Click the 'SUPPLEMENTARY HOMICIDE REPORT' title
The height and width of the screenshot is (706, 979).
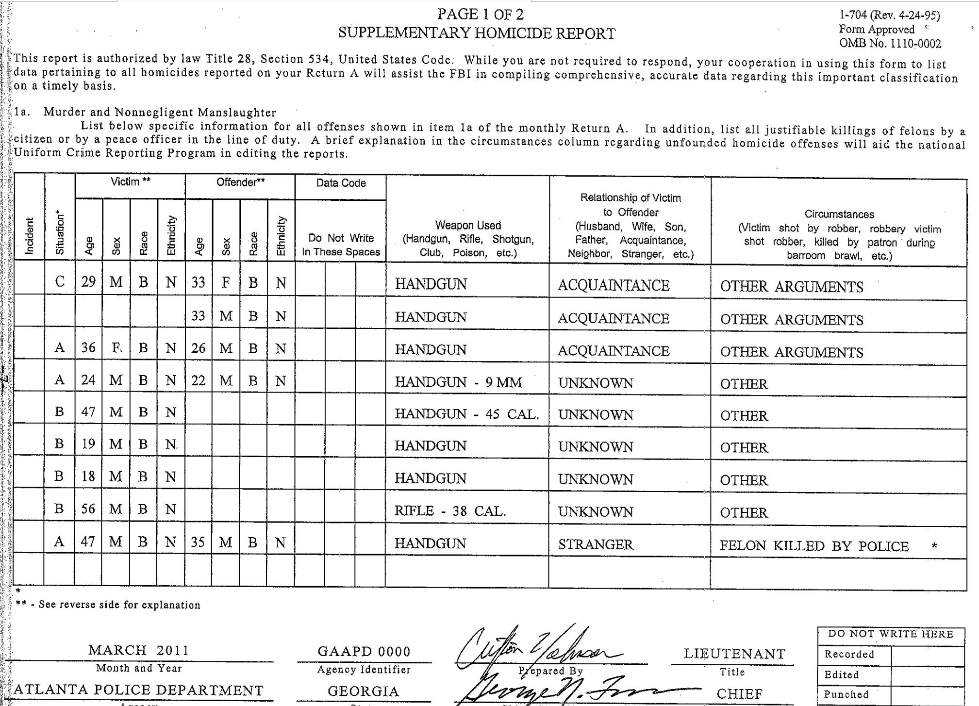pos(476,33)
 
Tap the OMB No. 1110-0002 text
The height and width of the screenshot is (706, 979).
pos(890,44)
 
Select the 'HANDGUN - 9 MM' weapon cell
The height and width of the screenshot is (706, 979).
pos(458,382)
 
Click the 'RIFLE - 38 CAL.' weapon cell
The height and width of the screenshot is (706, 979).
pos(450,511)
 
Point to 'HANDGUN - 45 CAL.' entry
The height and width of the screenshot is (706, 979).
pos(466,414)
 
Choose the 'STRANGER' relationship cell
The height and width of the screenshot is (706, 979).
pos(595,544)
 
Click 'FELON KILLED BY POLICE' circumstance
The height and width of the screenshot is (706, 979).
pos(813,546)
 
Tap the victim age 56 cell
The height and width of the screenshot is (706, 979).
pos(88,509)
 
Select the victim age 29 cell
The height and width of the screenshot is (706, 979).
pos(88,282)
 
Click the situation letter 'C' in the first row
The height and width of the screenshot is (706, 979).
pos(60,282)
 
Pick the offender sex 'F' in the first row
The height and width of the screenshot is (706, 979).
pos(226,283)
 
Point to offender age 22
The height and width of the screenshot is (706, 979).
pos(198,380)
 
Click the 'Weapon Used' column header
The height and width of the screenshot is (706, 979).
pos(467,225)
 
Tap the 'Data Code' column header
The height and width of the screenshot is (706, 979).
pos(341,183)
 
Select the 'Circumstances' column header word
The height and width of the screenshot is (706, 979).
pos(839,214)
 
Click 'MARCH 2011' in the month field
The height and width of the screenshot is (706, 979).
pos(138,650)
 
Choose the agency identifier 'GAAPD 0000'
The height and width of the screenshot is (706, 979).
pos(364,651)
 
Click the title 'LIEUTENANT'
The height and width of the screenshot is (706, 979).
pos(734,654)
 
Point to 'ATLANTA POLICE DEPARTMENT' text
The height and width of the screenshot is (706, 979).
pos(138,690)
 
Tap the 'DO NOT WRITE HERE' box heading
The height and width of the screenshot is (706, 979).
pos(890,634)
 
